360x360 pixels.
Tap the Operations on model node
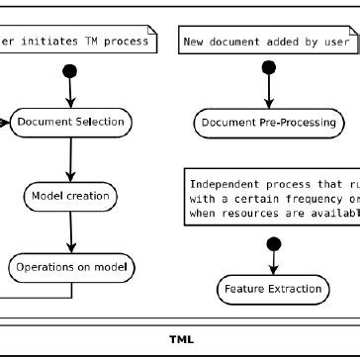point(71,266)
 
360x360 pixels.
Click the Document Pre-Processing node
point(268,123)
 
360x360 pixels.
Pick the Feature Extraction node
point(270,289)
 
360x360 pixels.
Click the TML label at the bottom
point(181,339)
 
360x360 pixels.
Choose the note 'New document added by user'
point(268,41)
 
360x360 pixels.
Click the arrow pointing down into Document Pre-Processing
point(268,94)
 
